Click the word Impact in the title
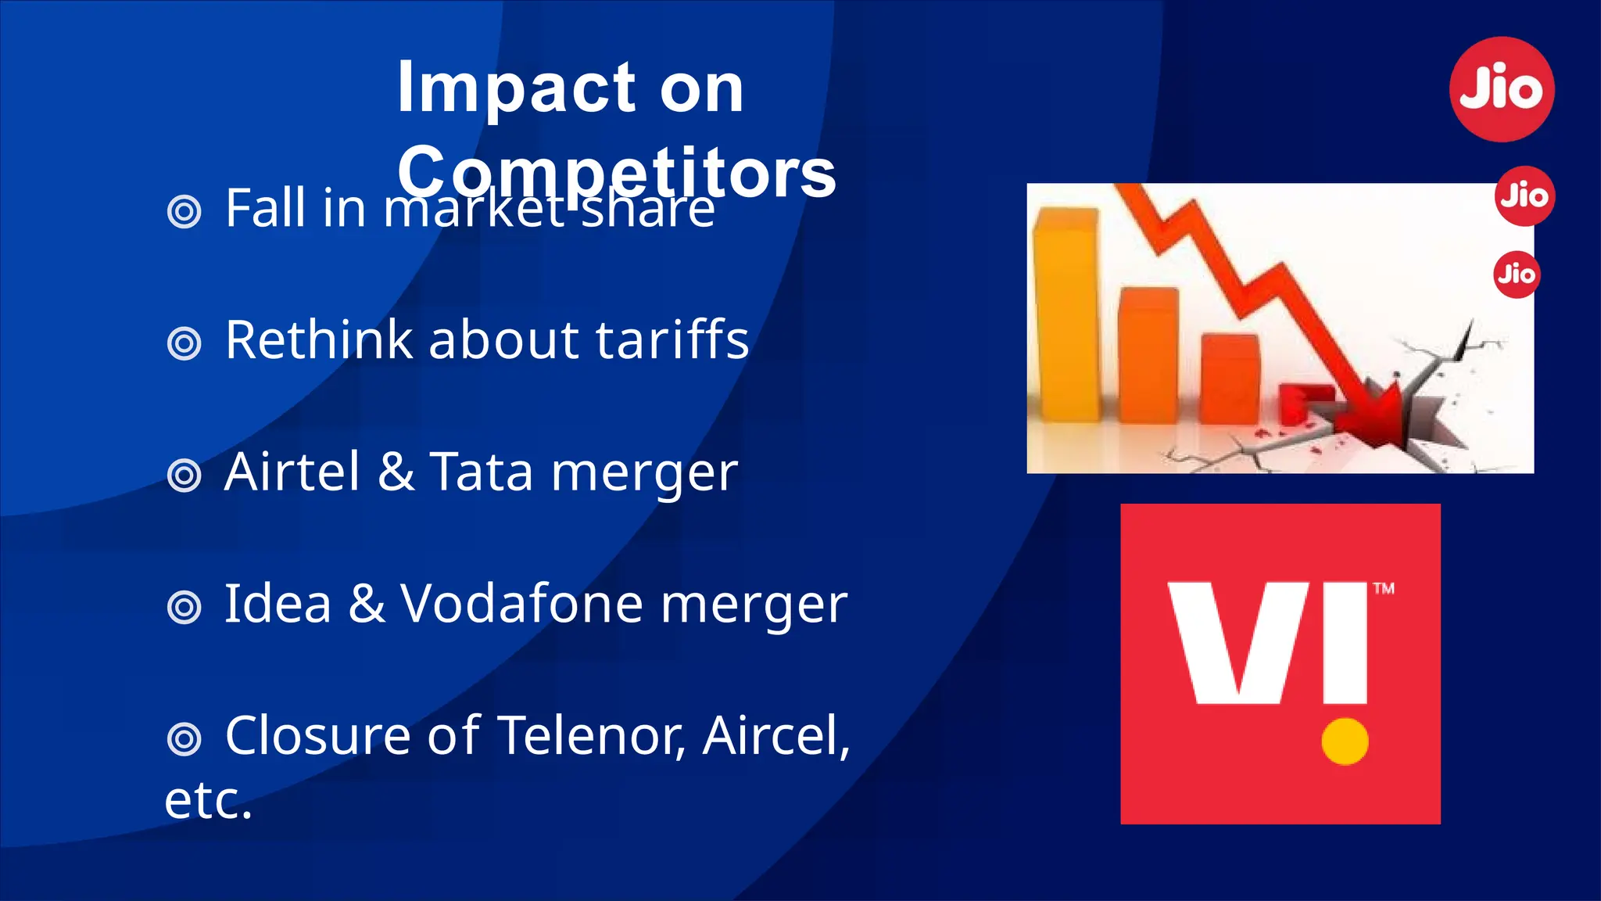(517, 88)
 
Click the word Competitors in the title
(616, 172)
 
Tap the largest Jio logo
(1502, 89)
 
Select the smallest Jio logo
(1517, 275)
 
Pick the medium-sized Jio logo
(1524, 196)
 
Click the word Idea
(278, 604)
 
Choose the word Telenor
(591, 736)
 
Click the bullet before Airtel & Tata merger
(184, 476)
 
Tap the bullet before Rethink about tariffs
(184, 343)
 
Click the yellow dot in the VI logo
(1345, 741)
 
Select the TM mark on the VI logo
(1384, 589)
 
